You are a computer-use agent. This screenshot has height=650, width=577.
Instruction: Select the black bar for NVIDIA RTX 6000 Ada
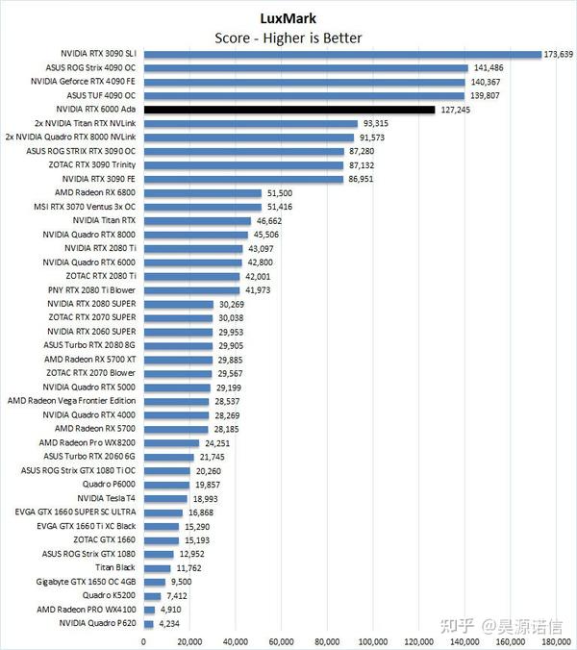(x=289, y=110)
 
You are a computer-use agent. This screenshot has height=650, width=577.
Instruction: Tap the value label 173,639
(x=560, y=54)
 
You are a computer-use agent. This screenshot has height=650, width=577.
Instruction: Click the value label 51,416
(x=281, y=207)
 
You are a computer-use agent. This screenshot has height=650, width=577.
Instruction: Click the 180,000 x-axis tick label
(x=557, y=640)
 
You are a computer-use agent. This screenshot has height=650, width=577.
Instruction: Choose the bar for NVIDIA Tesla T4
(x=165, y=498)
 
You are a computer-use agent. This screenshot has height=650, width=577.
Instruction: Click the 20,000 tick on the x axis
(x=189, y=640)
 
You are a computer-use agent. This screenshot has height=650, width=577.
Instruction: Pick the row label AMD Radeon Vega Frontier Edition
(x=72, y=401)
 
